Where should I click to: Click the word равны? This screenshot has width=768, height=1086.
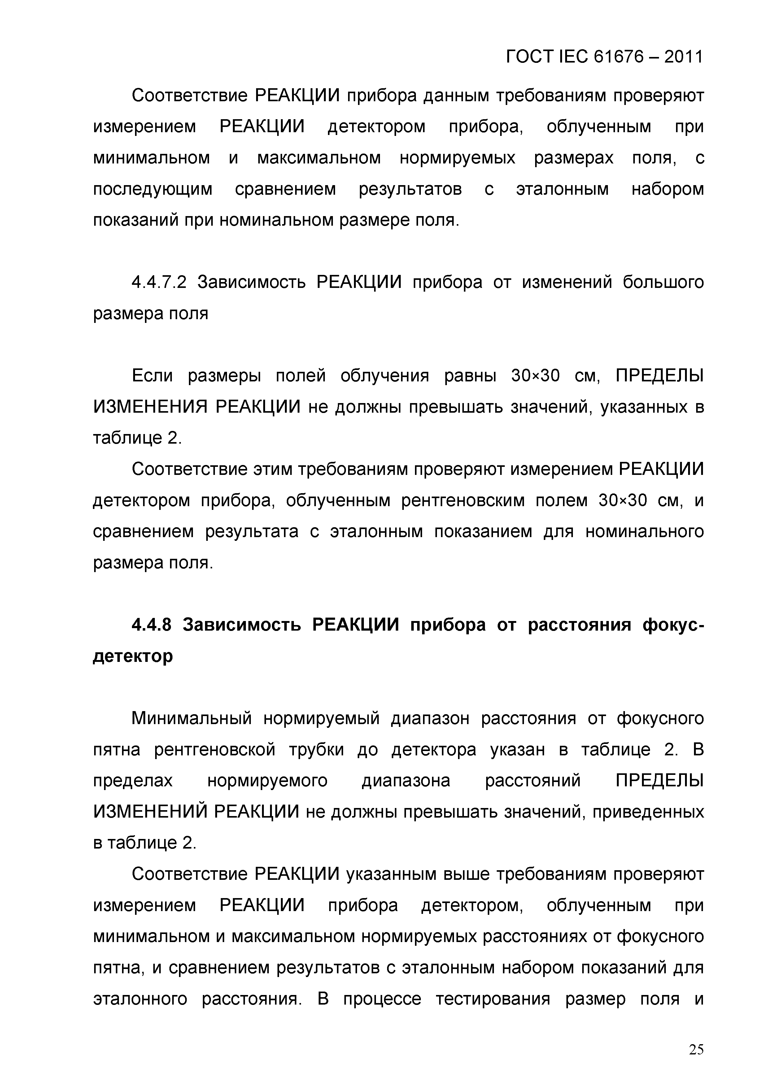pos(470,376)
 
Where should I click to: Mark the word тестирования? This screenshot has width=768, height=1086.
pos(493,999)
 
